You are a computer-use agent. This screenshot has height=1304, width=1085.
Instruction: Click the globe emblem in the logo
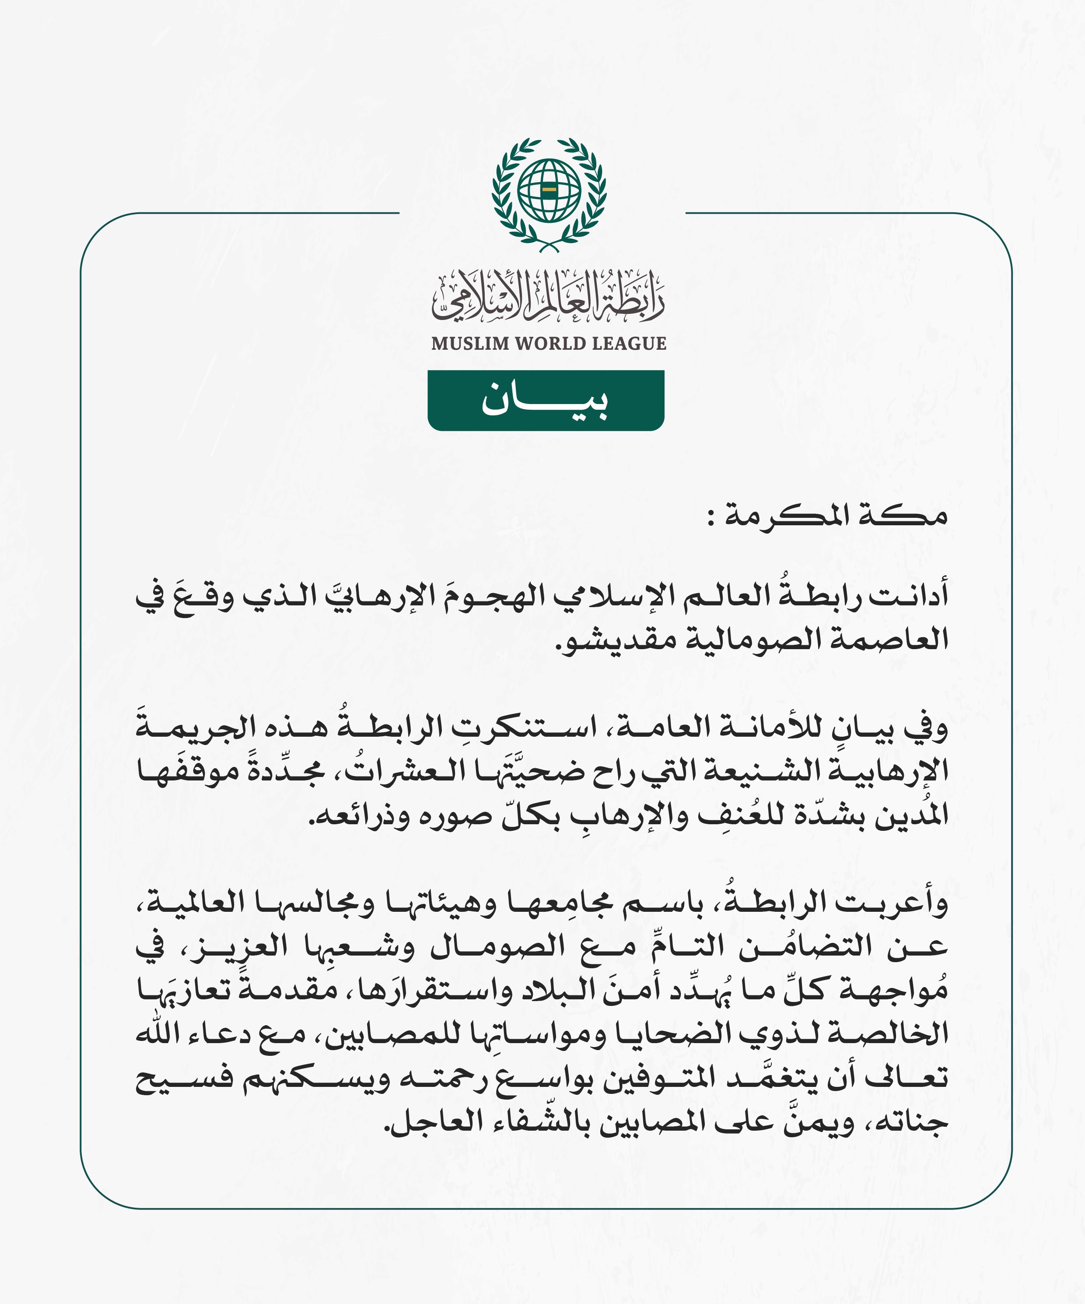(x=549, y=191)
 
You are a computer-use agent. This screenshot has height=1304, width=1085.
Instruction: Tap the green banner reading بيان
(x=546, y=400)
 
